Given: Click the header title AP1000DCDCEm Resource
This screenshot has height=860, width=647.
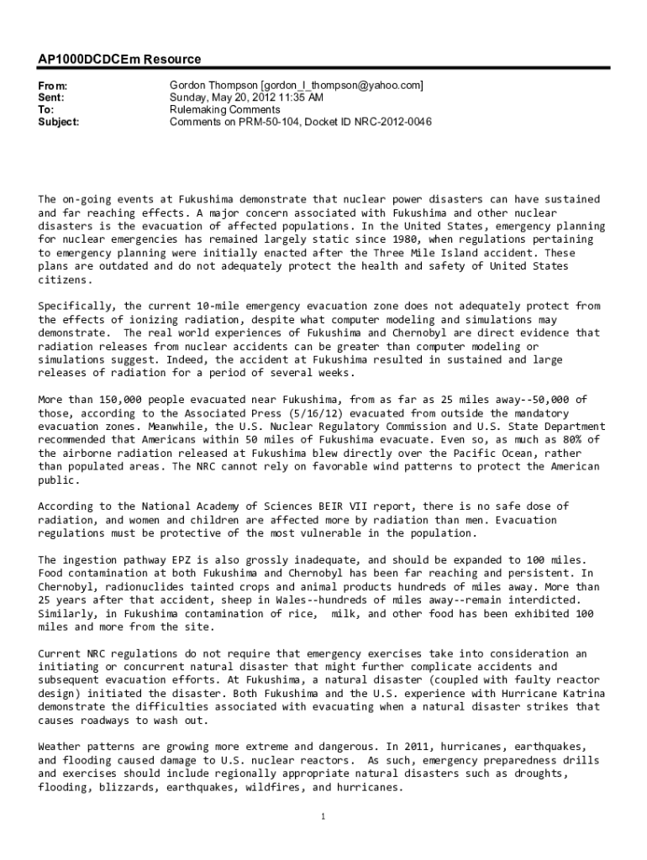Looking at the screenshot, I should [x=119, y=60].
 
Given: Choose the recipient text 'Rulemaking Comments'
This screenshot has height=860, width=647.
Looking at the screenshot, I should [x=224, y=110].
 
